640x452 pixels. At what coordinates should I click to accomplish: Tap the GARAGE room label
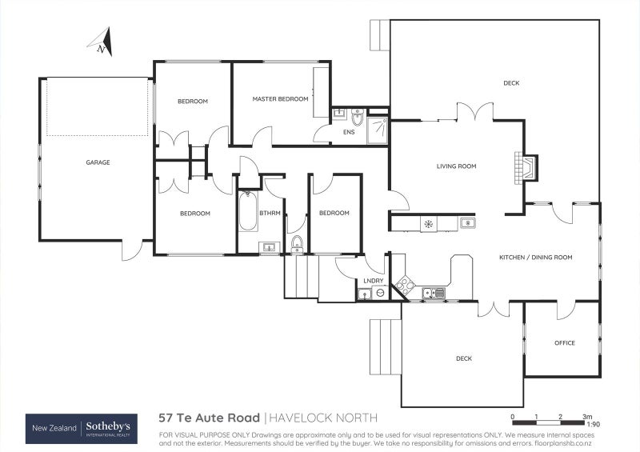coord(98,162)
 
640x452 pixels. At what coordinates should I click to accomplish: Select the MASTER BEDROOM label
coord(280,99)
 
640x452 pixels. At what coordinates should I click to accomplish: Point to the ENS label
coord(348,132)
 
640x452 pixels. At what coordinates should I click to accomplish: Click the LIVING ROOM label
coord(456,166)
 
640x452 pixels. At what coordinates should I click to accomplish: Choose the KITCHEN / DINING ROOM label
coord(535,258)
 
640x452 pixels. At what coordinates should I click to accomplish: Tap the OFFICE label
coord(564,343)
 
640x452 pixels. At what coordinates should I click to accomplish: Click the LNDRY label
coord(373,281)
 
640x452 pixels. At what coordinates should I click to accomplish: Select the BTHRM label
coord(268,213)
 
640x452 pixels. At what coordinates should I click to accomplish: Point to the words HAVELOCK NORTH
coord(322,418)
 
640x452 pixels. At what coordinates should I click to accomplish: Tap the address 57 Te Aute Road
coord(209,418)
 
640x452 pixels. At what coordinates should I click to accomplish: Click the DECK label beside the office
coord(464,359)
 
